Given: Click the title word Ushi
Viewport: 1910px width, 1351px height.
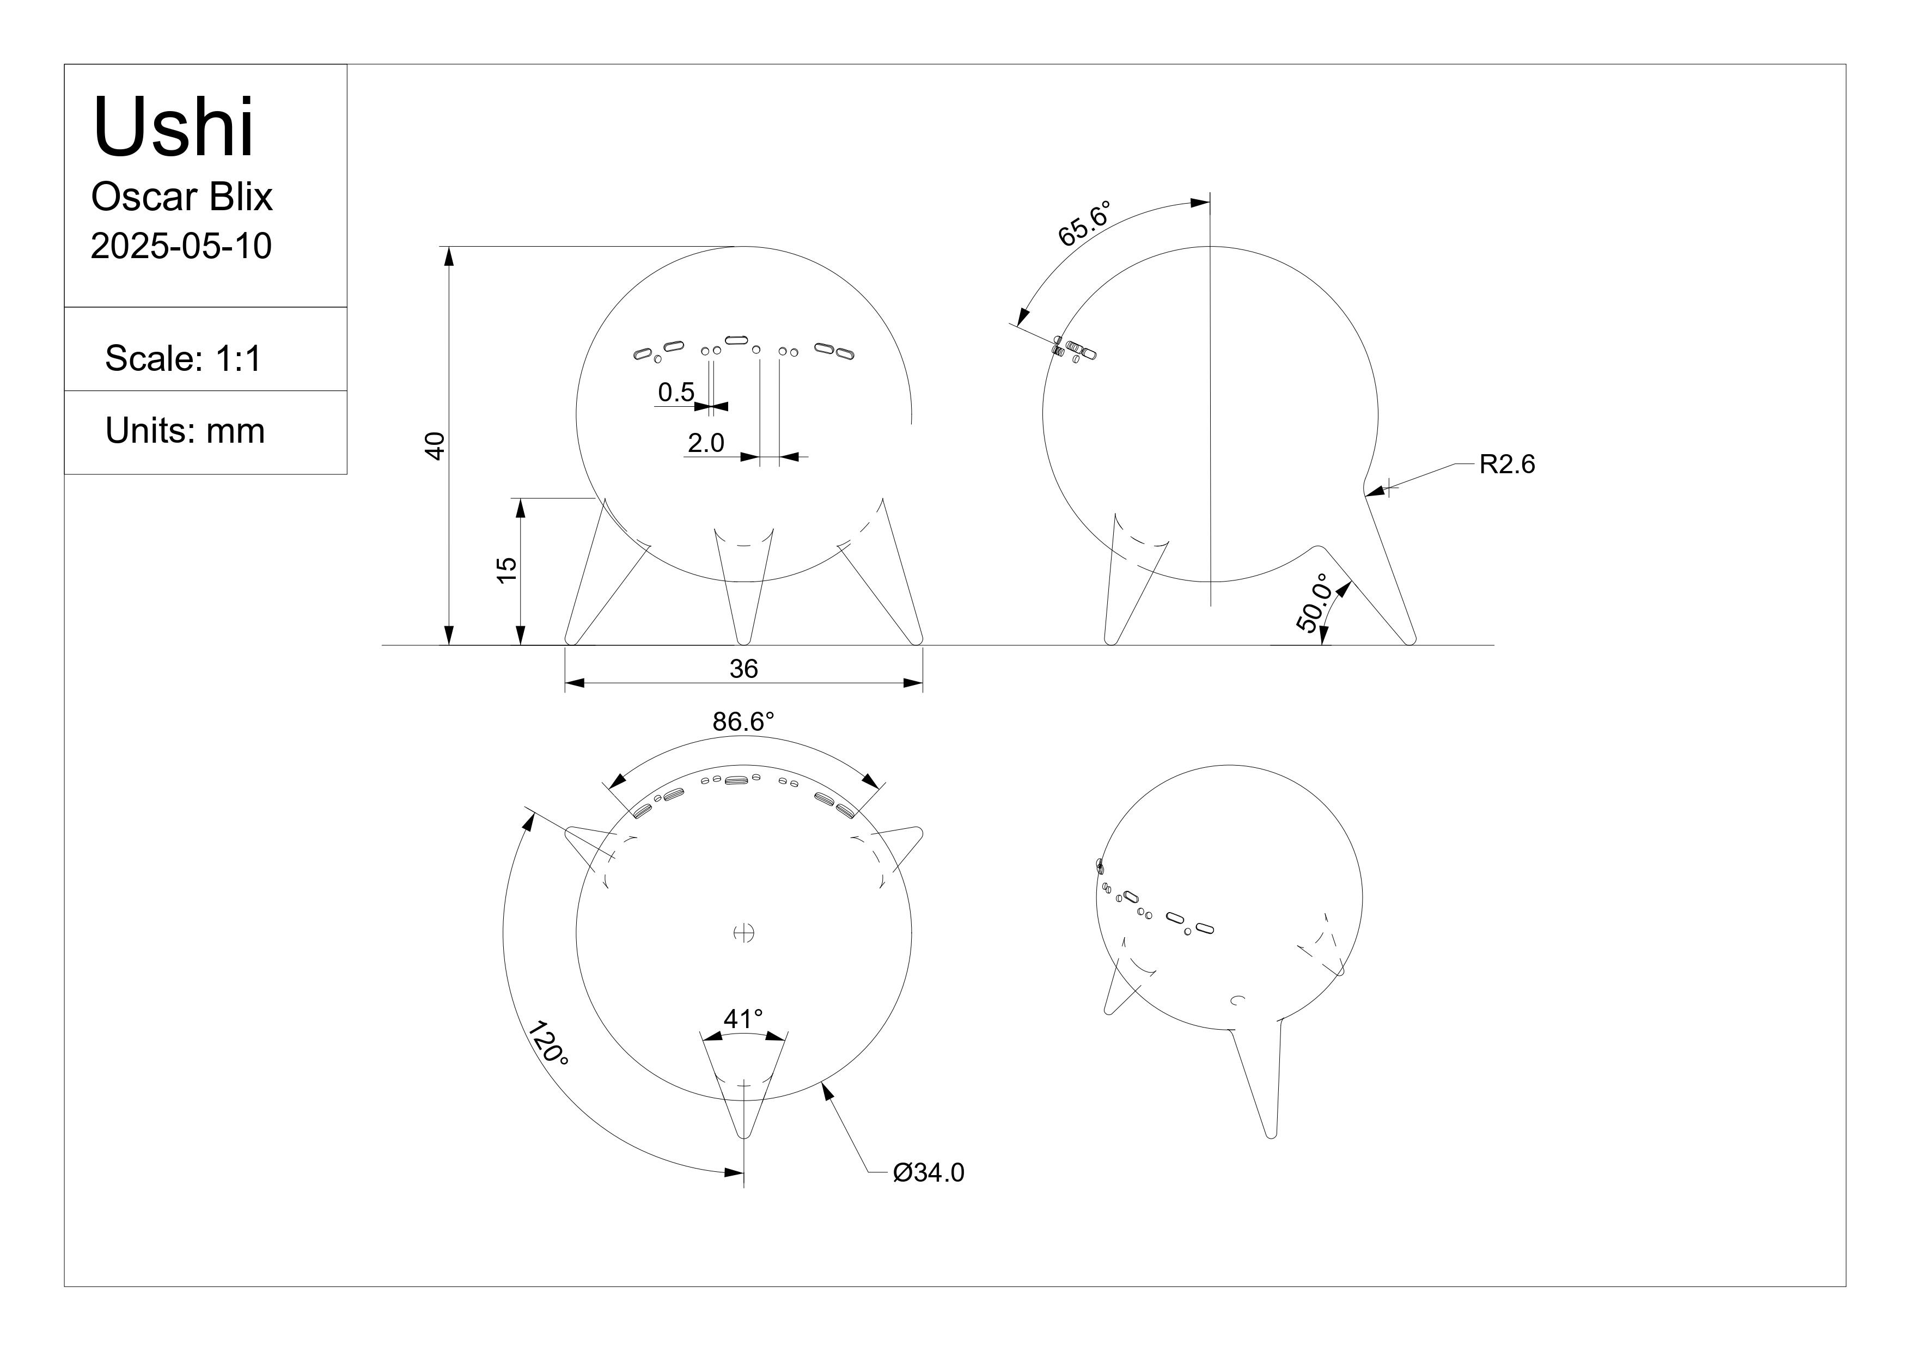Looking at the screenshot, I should click(173, 127).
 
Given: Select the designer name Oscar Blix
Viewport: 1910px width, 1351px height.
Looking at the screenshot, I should click(181, 197).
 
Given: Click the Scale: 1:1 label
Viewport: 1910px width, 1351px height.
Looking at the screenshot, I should click(183, 358).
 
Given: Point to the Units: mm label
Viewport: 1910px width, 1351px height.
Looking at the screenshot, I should click(185, 431).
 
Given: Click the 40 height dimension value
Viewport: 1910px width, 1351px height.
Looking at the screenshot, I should click(435, 446).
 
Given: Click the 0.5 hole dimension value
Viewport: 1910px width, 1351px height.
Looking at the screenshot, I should click(675, 392).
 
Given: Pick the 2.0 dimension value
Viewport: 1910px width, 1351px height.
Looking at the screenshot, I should click(705, 443).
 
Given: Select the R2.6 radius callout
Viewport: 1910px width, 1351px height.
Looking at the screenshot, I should click(1506, 464).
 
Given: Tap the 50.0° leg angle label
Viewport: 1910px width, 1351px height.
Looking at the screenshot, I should click(1314, 603).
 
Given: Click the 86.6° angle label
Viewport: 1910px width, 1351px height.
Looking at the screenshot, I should click(743, 722).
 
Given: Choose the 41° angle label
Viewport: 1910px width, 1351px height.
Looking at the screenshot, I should click(743, 1018).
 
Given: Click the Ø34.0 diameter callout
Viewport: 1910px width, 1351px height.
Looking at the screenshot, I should click(929, 1172).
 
